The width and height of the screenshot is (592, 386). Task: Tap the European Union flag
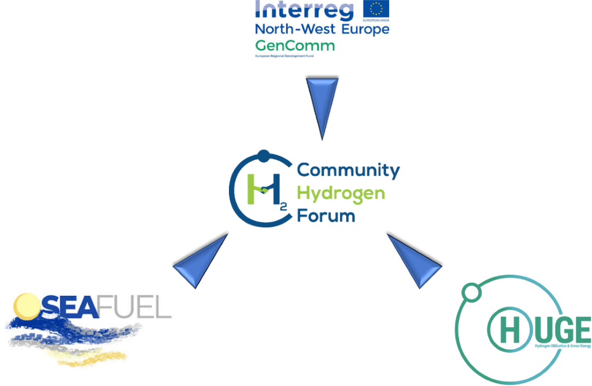point(376,10)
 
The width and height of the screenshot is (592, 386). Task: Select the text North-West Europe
point(322,30)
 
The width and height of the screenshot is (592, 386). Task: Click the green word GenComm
point(295,46)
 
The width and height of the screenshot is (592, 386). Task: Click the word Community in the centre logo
point(348,171)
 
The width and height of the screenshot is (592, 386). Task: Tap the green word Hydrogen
point(341,193)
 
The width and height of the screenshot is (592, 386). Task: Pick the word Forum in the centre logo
point(325,216)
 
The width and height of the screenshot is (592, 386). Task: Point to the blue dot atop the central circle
point(264,155)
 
